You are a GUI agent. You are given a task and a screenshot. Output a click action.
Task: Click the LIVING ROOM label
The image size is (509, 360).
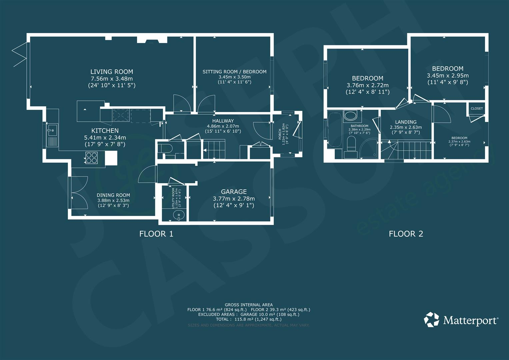click(112, 72)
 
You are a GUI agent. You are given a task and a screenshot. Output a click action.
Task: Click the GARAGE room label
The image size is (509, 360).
click(234, 192)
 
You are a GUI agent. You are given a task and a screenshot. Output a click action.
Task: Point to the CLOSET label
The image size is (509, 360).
click(477, 109)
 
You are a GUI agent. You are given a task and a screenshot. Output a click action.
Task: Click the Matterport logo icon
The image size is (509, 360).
click(431, 320)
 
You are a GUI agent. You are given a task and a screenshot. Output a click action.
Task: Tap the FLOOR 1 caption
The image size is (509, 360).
click(156, 234)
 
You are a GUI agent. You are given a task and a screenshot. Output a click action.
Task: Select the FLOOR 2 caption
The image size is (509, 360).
click(406, 234)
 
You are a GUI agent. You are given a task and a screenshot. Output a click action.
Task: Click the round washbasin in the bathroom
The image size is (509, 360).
click(350, 116)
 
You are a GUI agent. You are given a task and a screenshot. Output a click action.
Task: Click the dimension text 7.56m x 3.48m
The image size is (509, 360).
click(112, 79)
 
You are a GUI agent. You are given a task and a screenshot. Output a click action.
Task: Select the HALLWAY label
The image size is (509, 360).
click(223, 121)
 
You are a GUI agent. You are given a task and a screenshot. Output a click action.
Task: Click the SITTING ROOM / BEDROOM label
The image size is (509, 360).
click(234, 72)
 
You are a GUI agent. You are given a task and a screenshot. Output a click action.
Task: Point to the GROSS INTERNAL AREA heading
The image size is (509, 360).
click(248, 305)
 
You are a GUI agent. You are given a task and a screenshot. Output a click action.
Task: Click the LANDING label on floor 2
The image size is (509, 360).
click(405, 122)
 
